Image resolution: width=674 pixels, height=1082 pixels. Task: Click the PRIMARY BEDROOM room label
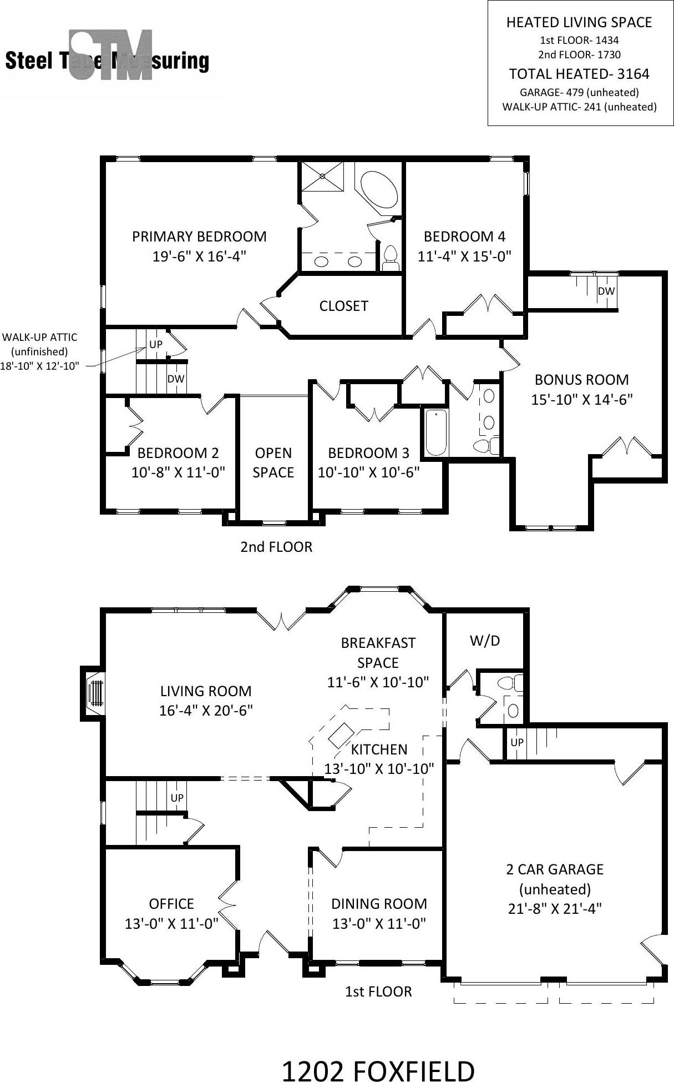coord(199,236)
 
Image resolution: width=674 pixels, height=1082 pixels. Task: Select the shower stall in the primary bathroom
coord(322,176)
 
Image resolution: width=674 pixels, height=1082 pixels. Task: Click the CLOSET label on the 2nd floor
coord(343,306)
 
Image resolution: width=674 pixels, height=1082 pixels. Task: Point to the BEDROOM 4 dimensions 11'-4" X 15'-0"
coord(464,256)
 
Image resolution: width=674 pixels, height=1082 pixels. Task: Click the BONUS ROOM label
coord(581,380)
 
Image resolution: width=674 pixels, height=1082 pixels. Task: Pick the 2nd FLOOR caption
coord(276,547)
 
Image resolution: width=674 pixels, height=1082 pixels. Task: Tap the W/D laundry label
coord(485,641)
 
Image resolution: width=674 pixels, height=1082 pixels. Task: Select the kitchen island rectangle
coord(341,736)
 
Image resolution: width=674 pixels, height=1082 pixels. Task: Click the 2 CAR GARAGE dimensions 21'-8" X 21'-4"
coord(555,909)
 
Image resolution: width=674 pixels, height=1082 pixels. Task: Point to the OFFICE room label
coord(171,903)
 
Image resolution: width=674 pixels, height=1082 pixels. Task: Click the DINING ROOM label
coord(379,903)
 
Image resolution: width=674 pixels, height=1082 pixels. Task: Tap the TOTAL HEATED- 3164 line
coord(579,74)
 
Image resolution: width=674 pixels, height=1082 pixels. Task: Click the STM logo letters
coord(111,56)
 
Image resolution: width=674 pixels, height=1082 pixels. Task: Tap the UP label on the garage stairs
coord(516,742)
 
